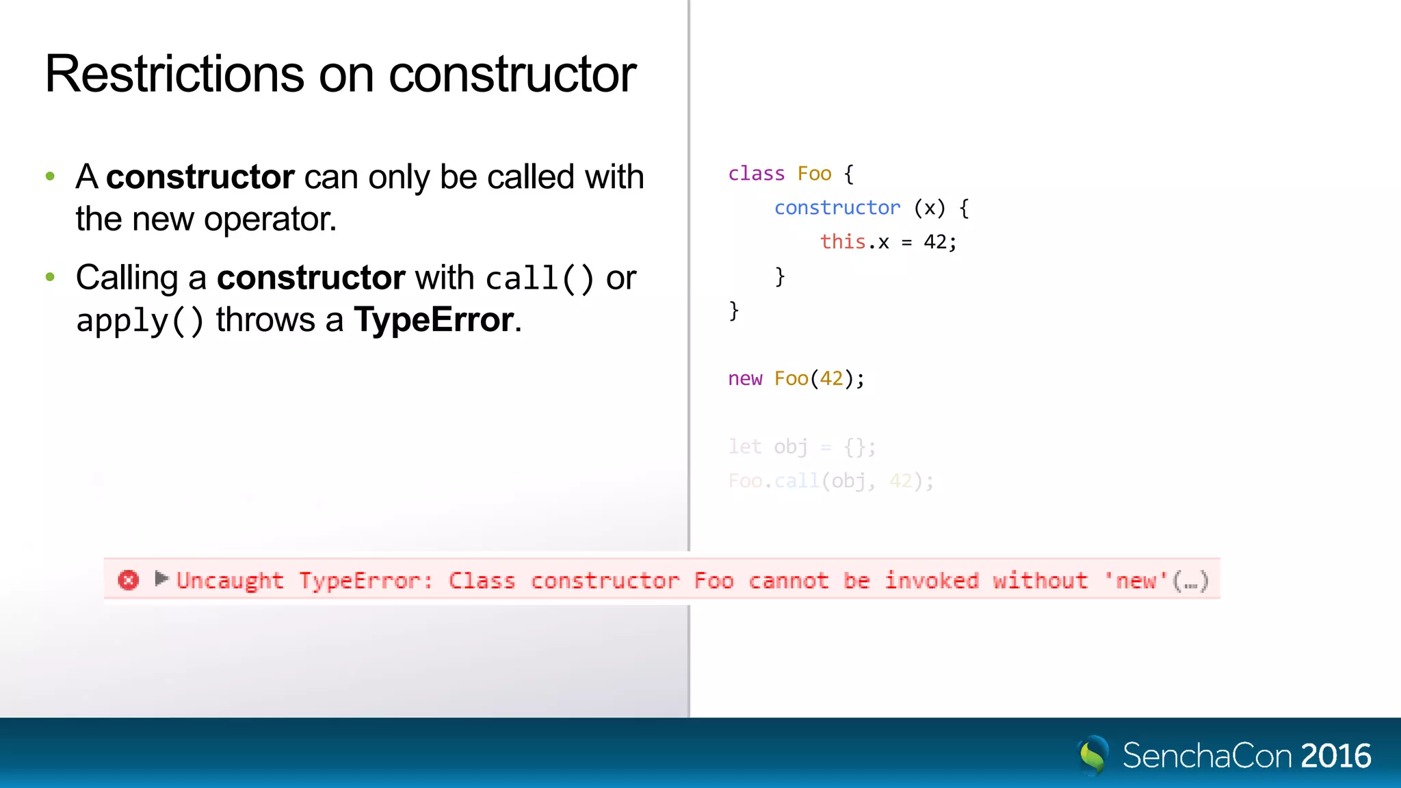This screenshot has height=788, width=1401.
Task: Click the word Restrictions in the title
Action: pyautogui.click(x=174, y=74)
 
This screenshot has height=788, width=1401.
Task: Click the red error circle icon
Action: pyautogui.click(x=128, y=580)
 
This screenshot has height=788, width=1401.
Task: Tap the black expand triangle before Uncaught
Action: pyautogui.click(x=161, y=579)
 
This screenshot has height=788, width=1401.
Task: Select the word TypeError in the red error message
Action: pyautogui.click(x=365, y=581)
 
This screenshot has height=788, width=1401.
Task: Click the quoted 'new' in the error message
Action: pyautogui.click(x=1136, y=581)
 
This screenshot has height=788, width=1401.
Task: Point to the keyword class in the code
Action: pyautogui.click(x=756, y=174)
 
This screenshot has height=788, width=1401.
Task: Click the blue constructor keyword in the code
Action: pyautogui.click(x=837, y=208)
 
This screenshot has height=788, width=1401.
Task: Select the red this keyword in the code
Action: pyautogui.click(x=843, y=241)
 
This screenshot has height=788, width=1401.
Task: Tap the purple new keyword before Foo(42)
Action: pyautogui.click(x=744, y=378)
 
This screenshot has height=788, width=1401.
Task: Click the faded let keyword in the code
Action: pyautogui.click(x=744, y=447)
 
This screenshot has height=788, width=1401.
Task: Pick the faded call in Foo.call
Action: pyautogui.click(x=797, y=481)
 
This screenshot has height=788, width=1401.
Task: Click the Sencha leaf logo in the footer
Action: pyautogui.click(x=1092, y=755)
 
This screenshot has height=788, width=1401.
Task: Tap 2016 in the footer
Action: pyautogui.click(x=1335, y=756)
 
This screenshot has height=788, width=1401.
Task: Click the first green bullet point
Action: pyautogui.click(x=50, y=176)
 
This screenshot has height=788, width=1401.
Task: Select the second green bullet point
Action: pyautogui.click(x=50, y=277)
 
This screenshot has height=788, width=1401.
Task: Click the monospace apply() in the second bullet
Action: pyautogui.click(x=140, y=320)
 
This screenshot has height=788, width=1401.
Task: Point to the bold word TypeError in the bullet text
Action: pyautogui.click(x=434, y=319)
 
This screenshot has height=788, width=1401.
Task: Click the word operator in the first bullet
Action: pyautogui.click(x=270, y=220)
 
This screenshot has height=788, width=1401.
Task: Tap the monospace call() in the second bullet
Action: pyautogui.click(x=539, y=278)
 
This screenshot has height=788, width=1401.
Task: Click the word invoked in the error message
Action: pyautogui.click(x=932, y=581)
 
